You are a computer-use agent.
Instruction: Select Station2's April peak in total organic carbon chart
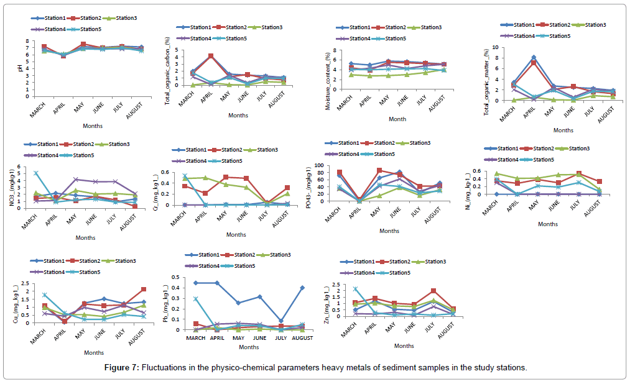pyautogui.click(x=211, y=56)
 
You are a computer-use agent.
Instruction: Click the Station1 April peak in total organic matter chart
pyautogui.click(x=533, y=58)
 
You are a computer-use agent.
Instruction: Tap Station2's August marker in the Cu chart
pyautogui.click(x=144, y=290)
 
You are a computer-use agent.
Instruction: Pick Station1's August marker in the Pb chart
pyautogui.click(x=302, y=288)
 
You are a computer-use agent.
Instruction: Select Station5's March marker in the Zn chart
pyautogui.click(x=355, y=289)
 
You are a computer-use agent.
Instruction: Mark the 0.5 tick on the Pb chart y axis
pyautogui.click(x=185, y=278)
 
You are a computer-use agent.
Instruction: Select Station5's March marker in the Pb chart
pyautogui.click(x=196, y=299)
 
